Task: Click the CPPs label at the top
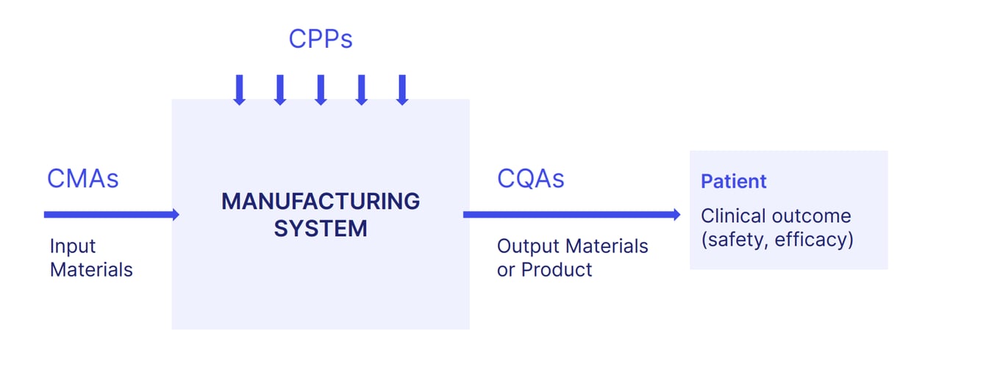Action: point(320,39)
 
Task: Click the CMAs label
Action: point(82,179)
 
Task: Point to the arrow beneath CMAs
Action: point(110,215)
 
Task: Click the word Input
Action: point(73,246)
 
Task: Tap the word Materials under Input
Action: point(91,270)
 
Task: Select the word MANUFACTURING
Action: point(321,201)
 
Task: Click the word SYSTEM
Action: point(321,228)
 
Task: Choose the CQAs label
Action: point(531,179)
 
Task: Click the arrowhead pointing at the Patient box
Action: point(676,215)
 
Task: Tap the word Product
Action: point(557,270)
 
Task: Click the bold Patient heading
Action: point(733,182)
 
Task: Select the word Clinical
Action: point(734,216)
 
